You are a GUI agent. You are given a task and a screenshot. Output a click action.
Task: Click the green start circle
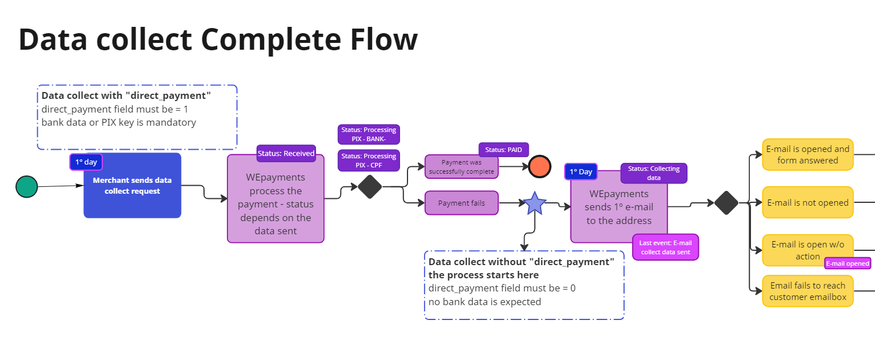pyautogui.click(x=26, y=187)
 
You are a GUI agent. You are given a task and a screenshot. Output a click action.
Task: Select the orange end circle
pyautogui.click(x=540, y=166)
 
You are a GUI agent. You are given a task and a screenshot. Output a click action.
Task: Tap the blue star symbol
pyautogui.click(x=534, y=203)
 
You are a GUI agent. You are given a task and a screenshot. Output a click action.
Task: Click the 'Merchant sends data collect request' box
pyautogui.click(x=132, y=186)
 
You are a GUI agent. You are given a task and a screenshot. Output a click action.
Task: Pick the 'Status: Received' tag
pyautogui.click(x=286, y=153)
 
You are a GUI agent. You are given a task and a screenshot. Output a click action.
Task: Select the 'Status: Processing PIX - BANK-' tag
pyautogui.click(x=369, y=134)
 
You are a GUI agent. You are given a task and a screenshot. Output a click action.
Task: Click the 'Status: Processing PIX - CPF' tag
pyautogui.click(x=369, y=161)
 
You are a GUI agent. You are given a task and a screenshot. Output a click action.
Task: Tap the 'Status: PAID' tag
pyautogui.click(x=504, y=150)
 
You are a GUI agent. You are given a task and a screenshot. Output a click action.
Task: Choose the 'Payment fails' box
pyautogui.click(x=461, y=203)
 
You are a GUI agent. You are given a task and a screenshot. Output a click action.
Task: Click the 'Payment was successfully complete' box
pyautogui.click(x=461, y=167)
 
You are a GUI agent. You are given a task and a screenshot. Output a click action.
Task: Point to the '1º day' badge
pyautogui.click(x=86, y=162)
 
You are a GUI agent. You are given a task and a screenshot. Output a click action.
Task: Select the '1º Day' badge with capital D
pyautogui.click(x=581, y=171)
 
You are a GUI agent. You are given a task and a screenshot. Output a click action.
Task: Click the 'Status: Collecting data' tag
pyautogui.click(x=654, y=173)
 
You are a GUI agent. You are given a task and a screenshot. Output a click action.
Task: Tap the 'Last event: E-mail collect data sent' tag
pyautogui.click(x=665, y=247)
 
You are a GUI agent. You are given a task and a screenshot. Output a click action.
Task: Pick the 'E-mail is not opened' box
pyautogui.click(x=808, y=202)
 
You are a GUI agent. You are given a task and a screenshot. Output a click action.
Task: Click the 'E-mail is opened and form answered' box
pyautogui.click(x=808, y=155)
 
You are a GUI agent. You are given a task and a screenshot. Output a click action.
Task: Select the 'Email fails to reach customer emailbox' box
pyautogui.click(x=808, y=291)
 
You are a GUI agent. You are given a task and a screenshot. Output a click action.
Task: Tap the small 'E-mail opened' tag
pyautogui.click(x=847, y=263)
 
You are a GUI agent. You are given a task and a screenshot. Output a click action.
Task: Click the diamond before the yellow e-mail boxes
pyautogui.click(x=726, y=203)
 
